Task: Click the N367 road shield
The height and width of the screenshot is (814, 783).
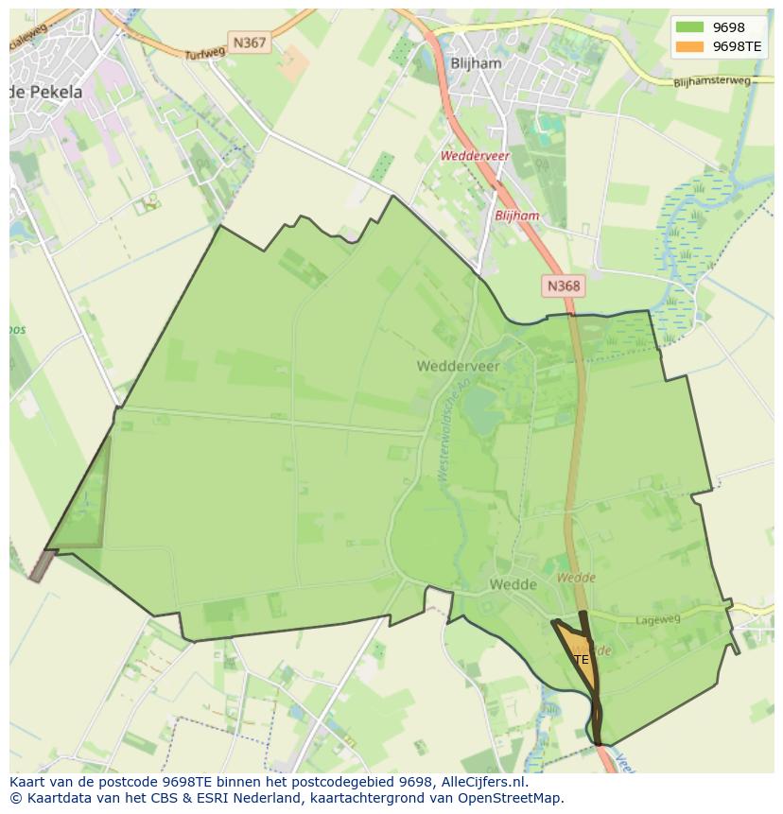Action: click(x=250, y=43)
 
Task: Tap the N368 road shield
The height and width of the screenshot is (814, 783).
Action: click(x=564, y=285)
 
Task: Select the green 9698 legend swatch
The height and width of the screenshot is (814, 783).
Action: click(x=690, y=27)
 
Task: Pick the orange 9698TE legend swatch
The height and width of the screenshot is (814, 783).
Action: click(x=690, y=46)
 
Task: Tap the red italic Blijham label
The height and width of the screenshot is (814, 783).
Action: click(x=516, y=216)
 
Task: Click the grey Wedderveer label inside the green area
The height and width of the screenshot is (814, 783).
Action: click(x=459, y=365)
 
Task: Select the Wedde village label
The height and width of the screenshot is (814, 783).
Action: click(x=513, y=584)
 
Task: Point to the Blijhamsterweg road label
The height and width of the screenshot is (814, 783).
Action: click(x=712, y=82)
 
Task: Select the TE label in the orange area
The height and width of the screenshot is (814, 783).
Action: click(x=581, y=659)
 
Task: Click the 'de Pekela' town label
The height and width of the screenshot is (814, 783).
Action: click(x=45, y=92)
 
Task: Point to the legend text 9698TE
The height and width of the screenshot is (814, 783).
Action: click(x=737, y=46)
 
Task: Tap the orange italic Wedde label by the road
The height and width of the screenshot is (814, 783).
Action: click(x=576, y=577)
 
